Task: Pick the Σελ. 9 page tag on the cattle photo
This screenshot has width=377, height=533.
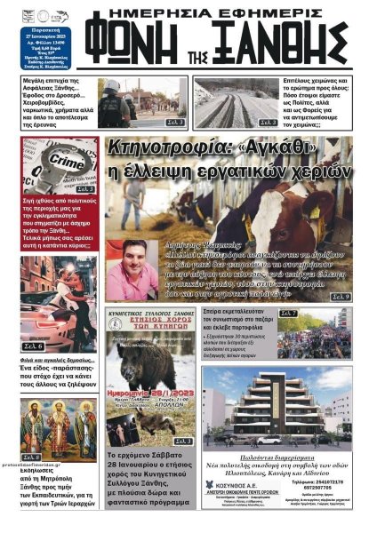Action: [341, 297]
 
